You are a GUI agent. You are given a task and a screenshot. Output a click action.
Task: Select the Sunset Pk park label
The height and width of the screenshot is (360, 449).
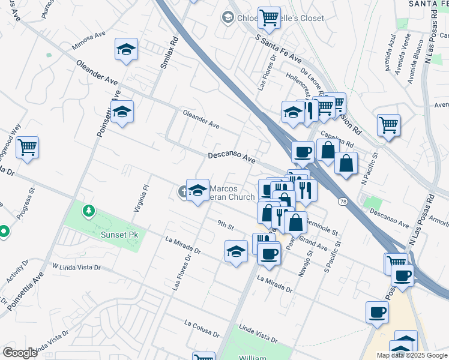tap(119, 235)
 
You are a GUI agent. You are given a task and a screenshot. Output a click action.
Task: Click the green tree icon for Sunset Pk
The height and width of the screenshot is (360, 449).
tap(89, 211)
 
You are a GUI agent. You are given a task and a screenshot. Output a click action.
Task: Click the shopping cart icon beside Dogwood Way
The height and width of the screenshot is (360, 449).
tap(27, 147)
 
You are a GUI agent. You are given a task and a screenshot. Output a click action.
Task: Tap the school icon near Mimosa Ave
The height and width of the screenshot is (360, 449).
tap(126, 50)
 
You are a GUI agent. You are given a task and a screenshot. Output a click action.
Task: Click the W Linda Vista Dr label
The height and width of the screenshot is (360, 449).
tap(76, 266)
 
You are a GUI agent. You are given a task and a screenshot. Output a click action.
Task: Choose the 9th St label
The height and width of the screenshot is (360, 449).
tap(225, 224)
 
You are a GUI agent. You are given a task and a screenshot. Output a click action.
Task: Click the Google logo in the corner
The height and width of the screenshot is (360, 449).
tap(20, 353)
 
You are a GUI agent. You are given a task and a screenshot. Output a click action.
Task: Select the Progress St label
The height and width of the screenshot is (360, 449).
tap(21, 211)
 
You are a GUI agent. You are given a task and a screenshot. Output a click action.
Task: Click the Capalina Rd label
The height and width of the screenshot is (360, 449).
tap(336, 140)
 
